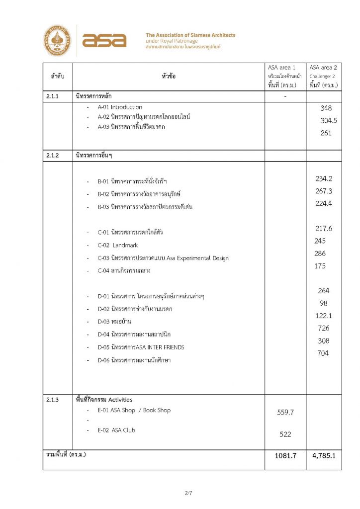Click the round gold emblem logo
57,41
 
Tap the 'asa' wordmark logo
104,41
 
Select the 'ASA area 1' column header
285,67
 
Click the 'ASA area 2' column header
323,67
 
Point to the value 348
326,108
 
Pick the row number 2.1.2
53,156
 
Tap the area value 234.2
324,179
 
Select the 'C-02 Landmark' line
118,246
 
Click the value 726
324,328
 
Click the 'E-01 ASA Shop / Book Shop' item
134,411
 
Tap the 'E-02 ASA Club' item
116,430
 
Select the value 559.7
285,412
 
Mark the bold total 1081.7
285,455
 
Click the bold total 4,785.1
324,455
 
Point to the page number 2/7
188,493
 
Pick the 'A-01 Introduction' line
120,107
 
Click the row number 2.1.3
53,400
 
